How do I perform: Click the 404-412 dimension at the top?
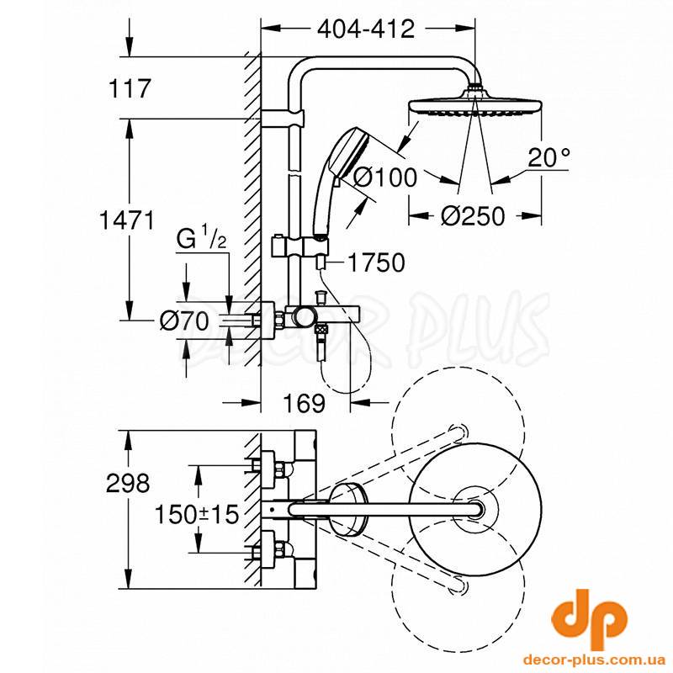click(x=366, y=29)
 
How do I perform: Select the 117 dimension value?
click(x=130, y=88)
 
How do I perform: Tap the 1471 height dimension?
click(x=126, y=220)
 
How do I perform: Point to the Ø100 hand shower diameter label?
click(x=385, y=177)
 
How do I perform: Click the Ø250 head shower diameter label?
click(x=473, y=215)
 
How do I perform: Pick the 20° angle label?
click(x=549, y=157)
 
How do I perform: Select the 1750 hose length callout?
click(x=376, y=262)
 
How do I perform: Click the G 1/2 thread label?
click(x=201, y=240)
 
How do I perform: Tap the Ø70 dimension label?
click(x=184, y=321)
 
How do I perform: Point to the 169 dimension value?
click(x=305, y=403)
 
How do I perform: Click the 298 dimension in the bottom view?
click(x=128, y=482)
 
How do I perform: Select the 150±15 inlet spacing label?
click(x=197, y=514)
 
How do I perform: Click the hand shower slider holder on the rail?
click(x=300, y=247)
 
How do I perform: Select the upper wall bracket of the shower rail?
click(x=283, y=118)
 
